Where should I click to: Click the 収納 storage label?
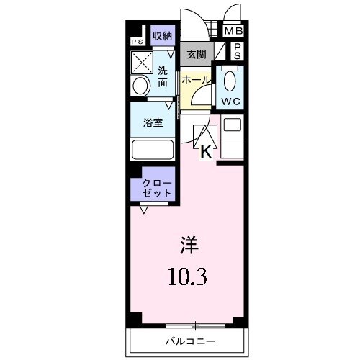click(x=162, y=36)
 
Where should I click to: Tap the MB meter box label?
click(x=233, y=32)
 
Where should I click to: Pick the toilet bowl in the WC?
click(x=230, y=79)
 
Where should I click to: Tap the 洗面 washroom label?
click(x=163, y=77)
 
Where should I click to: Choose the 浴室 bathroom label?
click(x=152, y=122)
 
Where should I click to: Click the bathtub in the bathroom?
click(x=152, y=150)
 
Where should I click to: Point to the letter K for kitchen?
click(x=205, y=151)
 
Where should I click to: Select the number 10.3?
click(x=188, y=276)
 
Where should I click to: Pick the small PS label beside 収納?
click(x=137, y=42)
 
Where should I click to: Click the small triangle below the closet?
click(x=144, y=209)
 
